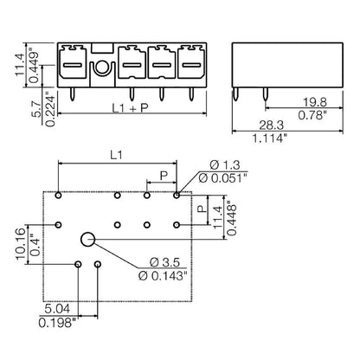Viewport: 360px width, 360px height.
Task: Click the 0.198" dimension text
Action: pyautogui.click(x=60, y=321)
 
